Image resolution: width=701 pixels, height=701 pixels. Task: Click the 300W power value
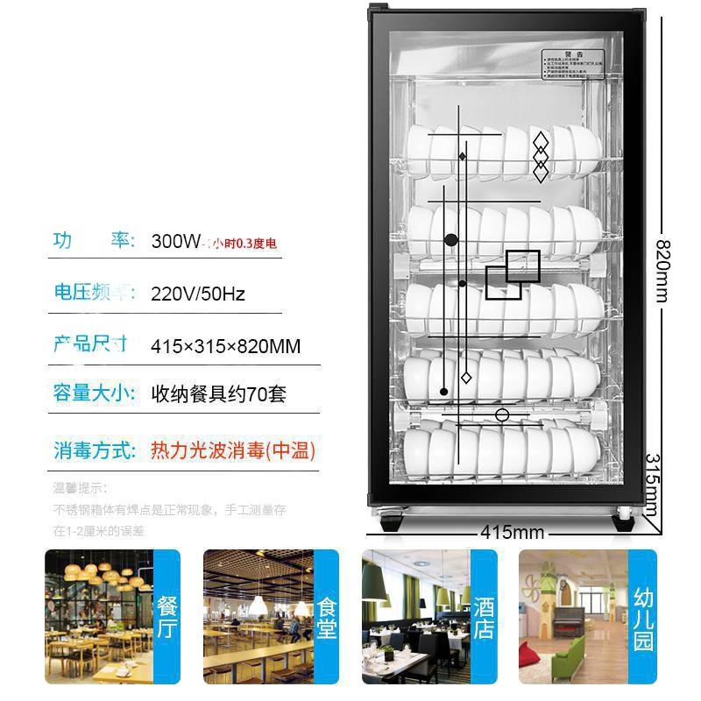pos(176,241)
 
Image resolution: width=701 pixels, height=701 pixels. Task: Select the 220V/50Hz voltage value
pos(198,294)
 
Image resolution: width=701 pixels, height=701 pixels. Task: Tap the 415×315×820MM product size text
pos(225,346)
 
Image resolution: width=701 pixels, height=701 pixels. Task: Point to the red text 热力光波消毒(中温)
pos(232,451)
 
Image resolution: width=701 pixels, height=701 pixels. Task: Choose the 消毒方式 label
pos(95,451)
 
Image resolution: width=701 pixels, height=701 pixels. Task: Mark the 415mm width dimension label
pos(512,533)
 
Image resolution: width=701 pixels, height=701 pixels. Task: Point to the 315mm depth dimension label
pos(651,485)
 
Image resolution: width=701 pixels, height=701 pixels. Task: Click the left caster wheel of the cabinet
pos(390,524)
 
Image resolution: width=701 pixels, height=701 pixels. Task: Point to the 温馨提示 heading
pos(80,488)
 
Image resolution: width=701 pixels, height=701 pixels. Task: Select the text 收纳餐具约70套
pos(218,394)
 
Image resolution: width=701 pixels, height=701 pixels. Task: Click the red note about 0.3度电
pos(244,243)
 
